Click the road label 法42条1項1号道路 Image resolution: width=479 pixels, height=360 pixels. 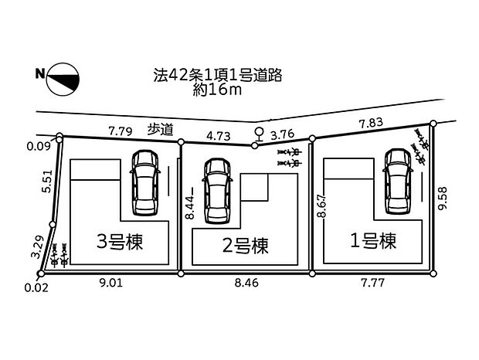click(217, 76)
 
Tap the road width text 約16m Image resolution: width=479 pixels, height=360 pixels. click(218, 92)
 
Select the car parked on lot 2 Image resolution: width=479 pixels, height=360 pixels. click(216, 188)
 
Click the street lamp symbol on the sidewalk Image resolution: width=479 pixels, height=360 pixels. click(258, 134)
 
